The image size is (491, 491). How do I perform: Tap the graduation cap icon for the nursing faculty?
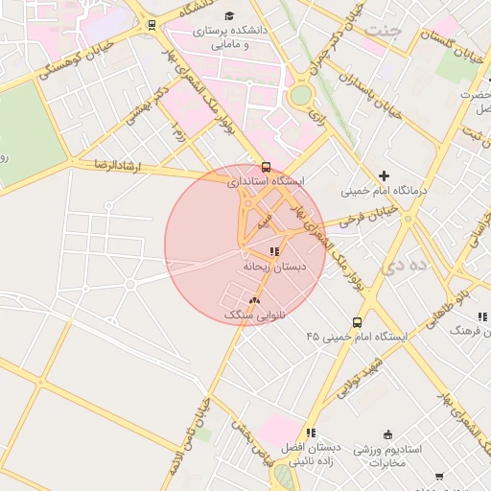pyautogui.click(x=228, y=16)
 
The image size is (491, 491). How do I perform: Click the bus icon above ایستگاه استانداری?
pyautogui.click(x=266, y=166)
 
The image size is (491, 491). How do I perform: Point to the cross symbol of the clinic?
pyautogui.click(x=384, y=175)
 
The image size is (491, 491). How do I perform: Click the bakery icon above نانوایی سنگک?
pyautogui.click(x=254, y=300)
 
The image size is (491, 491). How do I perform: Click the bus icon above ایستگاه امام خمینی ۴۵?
pyautogui.click(x=357, y=322)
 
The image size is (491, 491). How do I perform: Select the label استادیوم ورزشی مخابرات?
pyautogui.click(x=386, y=456)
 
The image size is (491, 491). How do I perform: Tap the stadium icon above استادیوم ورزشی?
pyautogui.click(x=387, y=434)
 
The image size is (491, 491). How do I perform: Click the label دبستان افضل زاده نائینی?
pyautogui.click(x=310, y=455)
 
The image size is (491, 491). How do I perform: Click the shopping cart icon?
pyautogui.click(x=439, y=476)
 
